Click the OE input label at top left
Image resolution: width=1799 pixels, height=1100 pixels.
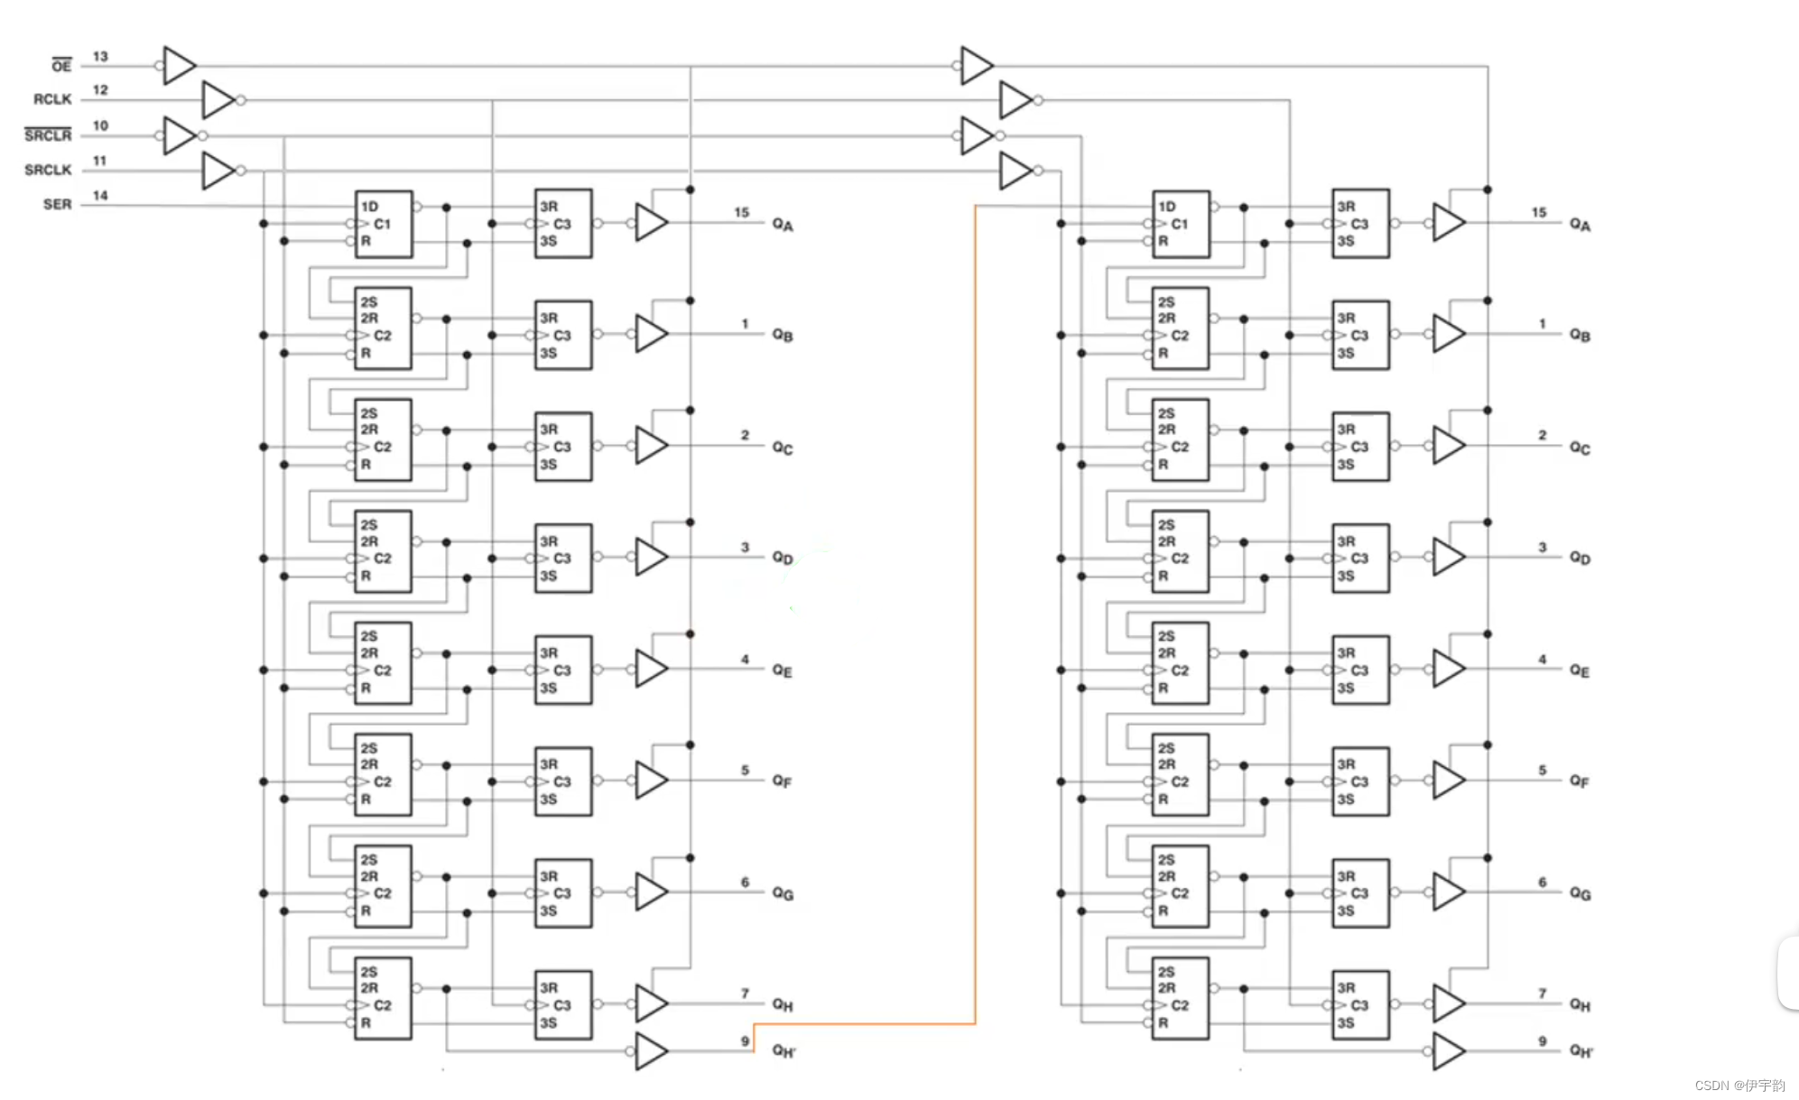click(60, 66)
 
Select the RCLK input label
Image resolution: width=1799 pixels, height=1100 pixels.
click(51, 99)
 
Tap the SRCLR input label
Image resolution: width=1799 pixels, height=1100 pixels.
click(47, 135)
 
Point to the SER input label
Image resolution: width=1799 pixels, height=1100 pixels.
click(57, 205)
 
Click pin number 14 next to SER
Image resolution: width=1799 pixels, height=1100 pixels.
click(100, 196)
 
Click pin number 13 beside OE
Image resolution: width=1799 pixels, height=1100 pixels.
click(100, 57)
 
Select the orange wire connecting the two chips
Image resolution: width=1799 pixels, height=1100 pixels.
click(975, 632)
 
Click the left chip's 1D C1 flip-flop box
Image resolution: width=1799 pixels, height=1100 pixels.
click(384, 224)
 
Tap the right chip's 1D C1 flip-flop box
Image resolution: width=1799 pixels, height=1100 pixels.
click(1181, 224)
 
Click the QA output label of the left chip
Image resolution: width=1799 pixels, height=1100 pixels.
click(782, 225)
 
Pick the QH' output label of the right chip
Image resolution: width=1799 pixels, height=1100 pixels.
click(1581, 1050)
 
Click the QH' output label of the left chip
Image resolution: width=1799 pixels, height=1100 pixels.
click(784, 1050)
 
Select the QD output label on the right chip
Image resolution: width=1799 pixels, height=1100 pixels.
click(1580, 558)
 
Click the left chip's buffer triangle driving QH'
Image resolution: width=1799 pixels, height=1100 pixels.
click(650, 1050)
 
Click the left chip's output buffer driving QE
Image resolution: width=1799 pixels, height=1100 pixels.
click(650, 669)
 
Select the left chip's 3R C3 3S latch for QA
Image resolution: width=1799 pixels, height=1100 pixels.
click(563, 224)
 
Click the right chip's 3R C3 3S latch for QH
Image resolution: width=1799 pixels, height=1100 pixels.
click(1360, 1004)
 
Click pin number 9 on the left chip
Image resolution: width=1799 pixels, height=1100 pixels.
click(745, 1041)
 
